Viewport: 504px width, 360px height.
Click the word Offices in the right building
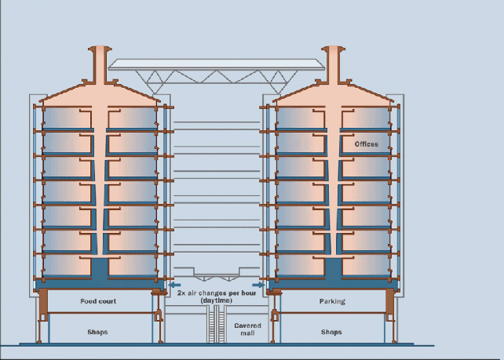pyautogui.click(x=366, y=144)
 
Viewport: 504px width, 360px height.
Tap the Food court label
pyautogui.click(x=99, y=301)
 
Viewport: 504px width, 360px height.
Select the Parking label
pyautogui.click(x=332, y=301)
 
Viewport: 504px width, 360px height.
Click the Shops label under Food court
pyautogui.click(x=98, y=333)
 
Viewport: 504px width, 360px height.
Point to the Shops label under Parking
pyautogui.click(x=331, y=333)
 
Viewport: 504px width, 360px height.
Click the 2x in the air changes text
pyautogui.click(x=181, y=293)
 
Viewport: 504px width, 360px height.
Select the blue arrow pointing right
pyautogui.click(x=258, y=285)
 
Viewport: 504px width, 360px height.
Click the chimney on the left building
pyautogui.click(x=99, y=62)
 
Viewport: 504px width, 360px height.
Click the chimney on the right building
pyautogui.click(x=333, y=62)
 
